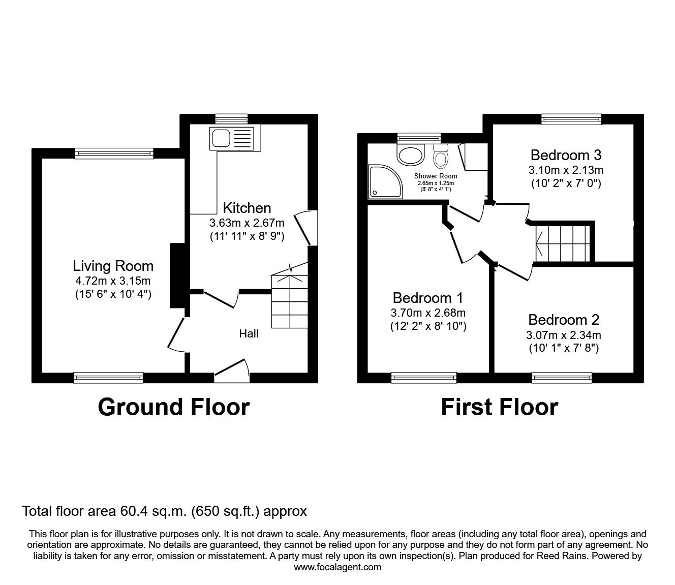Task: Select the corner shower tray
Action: (385, 181)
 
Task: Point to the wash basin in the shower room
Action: (411, 156)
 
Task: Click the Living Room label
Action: (113, 266)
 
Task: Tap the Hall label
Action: (249, 333)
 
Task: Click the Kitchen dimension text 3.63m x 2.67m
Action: (247, 223)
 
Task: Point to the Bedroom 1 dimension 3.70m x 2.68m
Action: (428, 313)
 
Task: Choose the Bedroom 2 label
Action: (564, 320)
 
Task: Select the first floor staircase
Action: (562, 243)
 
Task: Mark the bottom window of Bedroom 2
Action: (562, 377)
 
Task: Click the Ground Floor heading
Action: (173, 407)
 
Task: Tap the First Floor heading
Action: (499, 407)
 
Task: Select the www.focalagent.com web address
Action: (337, 567)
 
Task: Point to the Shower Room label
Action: (436, 176)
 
